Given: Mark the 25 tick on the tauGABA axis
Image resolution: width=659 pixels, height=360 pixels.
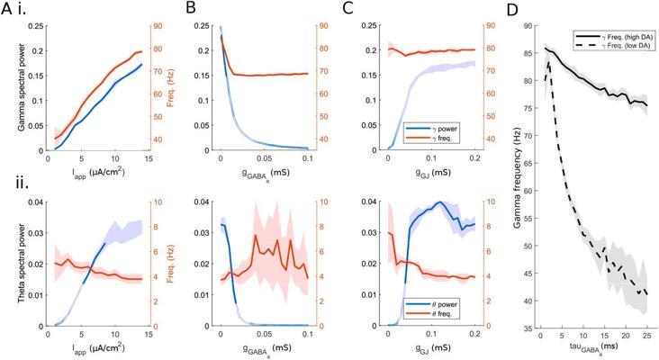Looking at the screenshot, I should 646,336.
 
